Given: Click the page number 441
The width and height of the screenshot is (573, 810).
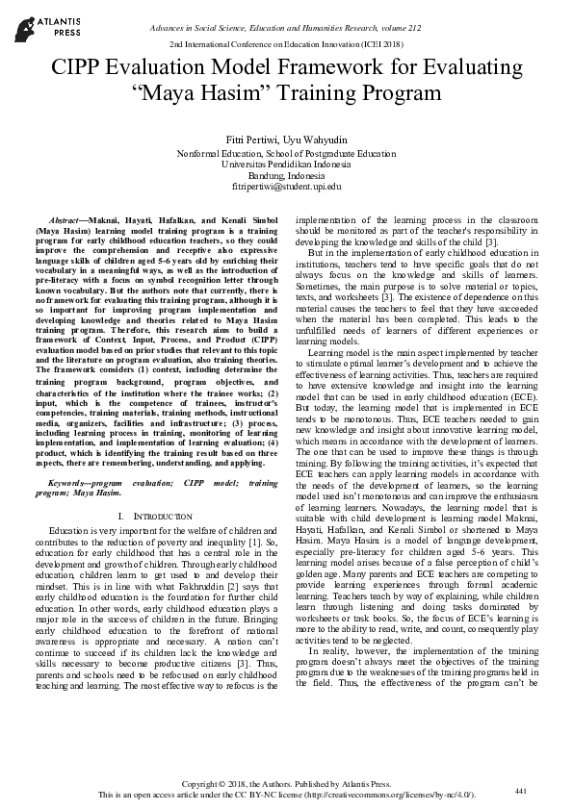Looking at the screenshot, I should click(x=521, y=791).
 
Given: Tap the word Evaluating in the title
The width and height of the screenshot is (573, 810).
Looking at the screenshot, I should click(x=467, y=67).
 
